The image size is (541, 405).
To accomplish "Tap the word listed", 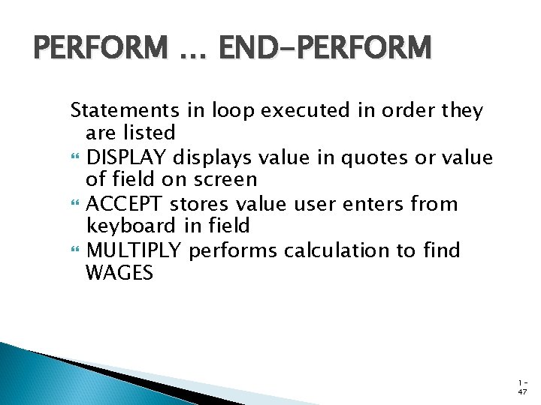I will (148, 133).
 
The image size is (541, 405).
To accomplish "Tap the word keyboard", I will (131, 226).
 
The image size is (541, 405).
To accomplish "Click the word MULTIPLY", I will (134, 250).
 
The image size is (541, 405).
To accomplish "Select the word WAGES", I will (120, 273).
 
